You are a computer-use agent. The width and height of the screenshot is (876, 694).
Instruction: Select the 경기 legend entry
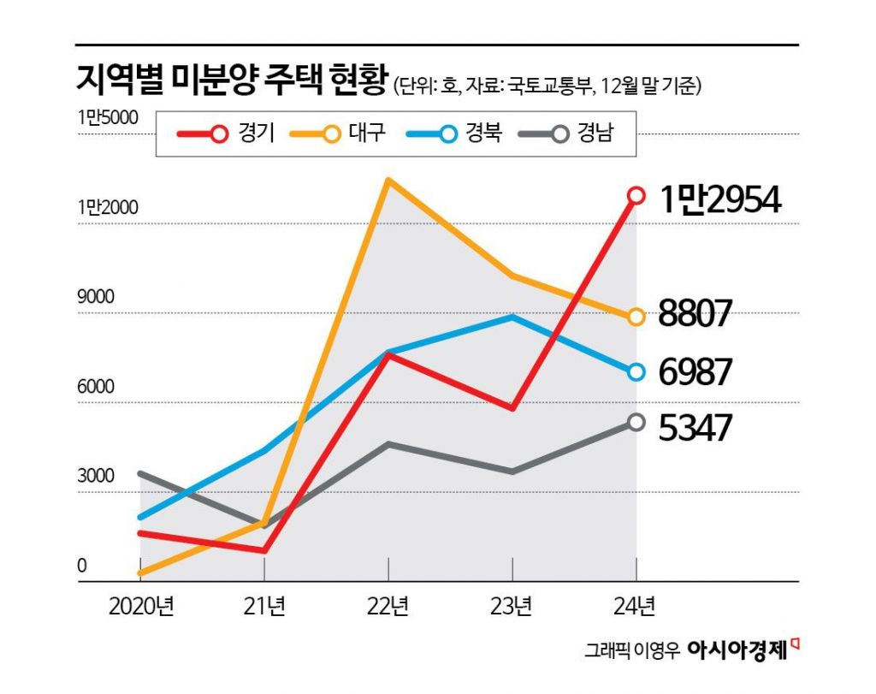point(226,133)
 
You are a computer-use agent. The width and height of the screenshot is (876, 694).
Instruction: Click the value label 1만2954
point(719,199)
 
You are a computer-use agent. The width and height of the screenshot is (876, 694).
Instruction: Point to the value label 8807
point(695,315)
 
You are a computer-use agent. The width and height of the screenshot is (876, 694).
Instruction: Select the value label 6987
point(695,372)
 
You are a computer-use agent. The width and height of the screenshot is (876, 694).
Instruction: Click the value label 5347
point(695,426)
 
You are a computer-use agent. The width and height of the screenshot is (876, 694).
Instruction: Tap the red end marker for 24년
point(636,196)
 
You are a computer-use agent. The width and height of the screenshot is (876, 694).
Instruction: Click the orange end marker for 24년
point(636,317)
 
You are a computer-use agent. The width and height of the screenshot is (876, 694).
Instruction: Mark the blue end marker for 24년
point(636,372)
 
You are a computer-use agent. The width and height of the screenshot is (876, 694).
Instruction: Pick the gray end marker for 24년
point(636,422)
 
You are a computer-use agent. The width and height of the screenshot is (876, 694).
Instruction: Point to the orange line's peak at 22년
point(388,180)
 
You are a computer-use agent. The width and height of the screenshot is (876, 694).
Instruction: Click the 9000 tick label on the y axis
point(95,297)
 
